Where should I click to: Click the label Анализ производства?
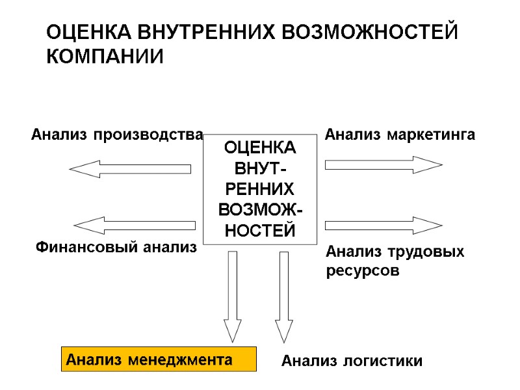[x=117, y=135]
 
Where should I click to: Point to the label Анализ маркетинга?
[x=400, y=135]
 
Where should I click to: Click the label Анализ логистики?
[x=352, y=361]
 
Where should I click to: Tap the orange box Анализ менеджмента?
[x=159, y=359]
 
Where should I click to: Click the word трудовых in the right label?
[x=427, y=252]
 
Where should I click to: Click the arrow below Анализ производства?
[x=130, y=169]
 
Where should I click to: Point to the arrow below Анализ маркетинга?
[x=383, y=164]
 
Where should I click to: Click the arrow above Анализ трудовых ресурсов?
[x=383, y=225]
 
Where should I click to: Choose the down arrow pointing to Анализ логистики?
[x=283, y=296]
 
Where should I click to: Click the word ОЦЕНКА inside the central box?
[x=259, y=148]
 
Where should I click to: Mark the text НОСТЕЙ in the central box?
[x=259, y=230]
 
